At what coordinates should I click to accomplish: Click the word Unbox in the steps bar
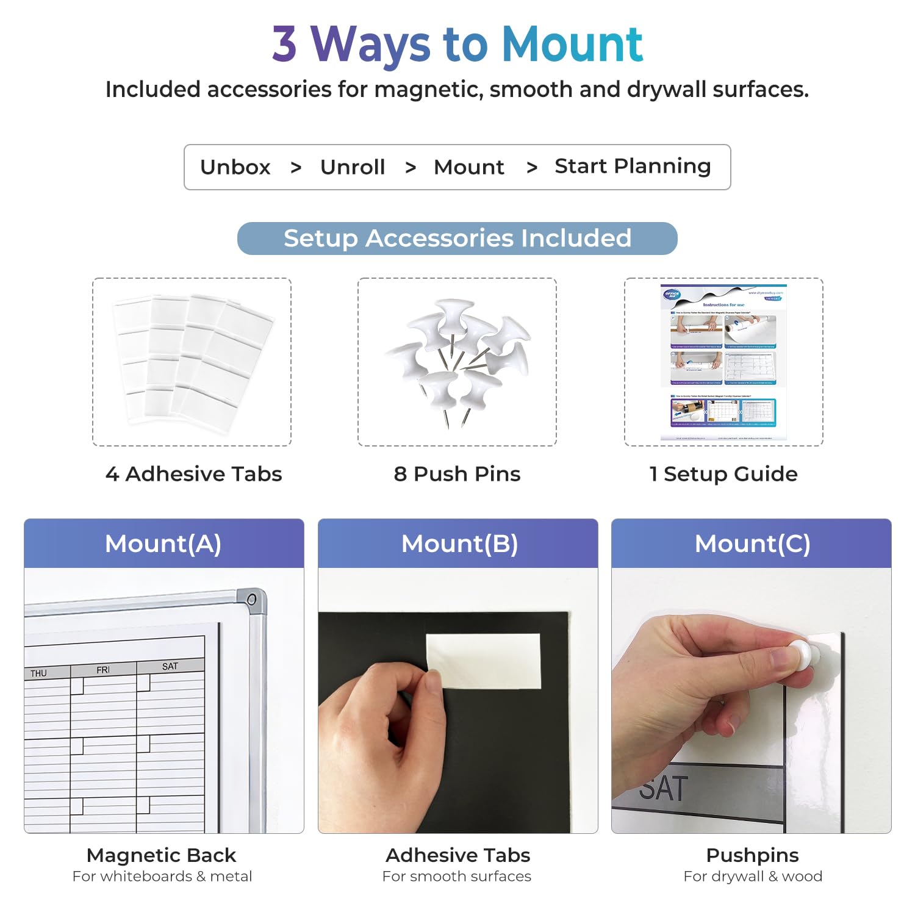(235, 167)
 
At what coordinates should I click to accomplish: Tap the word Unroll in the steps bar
(353, 167)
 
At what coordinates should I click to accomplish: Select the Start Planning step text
(633, 167)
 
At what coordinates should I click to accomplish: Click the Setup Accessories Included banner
(457, 239)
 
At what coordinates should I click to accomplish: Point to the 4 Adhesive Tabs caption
(193, 474)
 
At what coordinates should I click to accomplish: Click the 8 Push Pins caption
(457, 474)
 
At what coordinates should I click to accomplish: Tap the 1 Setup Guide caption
(723, 474)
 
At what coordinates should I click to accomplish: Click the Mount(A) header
(163, 544)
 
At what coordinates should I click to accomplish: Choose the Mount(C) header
(752, 544)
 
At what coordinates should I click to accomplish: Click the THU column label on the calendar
(38, 673)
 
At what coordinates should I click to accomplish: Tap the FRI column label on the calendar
(103, 670)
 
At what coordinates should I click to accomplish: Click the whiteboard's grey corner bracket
(252, 600)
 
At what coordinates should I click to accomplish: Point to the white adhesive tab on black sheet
(484, 661)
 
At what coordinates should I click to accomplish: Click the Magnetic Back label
(161, 855)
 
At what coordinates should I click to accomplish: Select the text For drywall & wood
(753, 877)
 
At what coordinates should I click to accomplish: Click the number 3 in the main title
(284, 45)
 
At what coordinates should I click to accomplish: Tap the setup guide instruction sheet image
(723, 362)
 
